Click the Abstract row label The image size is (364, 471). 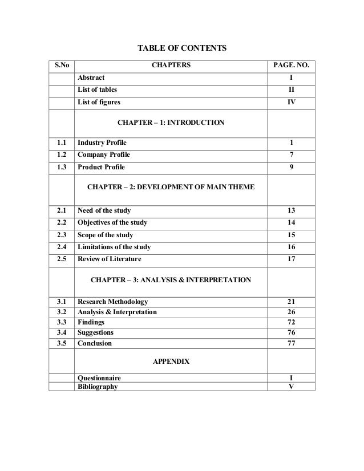coord(91,78)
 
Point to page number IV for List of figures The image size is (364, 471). coord(291,103)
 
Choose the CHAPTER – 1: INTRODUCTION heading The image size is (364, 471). coord(171,123)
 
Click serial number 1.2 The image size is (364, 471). coord(61,155)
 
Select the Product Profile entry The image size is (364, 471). coord(101,168)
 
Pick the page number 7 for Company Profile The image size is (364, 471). coord(291,155)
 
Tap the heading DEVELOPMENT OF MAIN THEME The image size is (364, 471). coord(171,187)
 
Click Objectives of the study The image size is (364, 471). coord(112,222)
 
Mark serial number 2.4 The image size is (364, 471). coord(61,247)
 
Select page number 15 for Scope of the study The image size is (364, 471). coord(291,235)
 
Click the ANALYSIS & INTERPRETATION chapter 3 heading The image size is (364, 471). coord(171,280)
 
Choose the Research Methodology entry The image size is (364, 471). coord(112,302)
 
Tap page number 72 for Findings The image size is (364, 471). coord(291,322)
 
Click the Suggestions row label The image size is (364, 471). coord(95,332)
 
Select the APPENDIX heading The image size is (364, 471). coord(171,362)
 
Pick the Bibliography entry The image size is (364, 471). coord(98,387)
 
